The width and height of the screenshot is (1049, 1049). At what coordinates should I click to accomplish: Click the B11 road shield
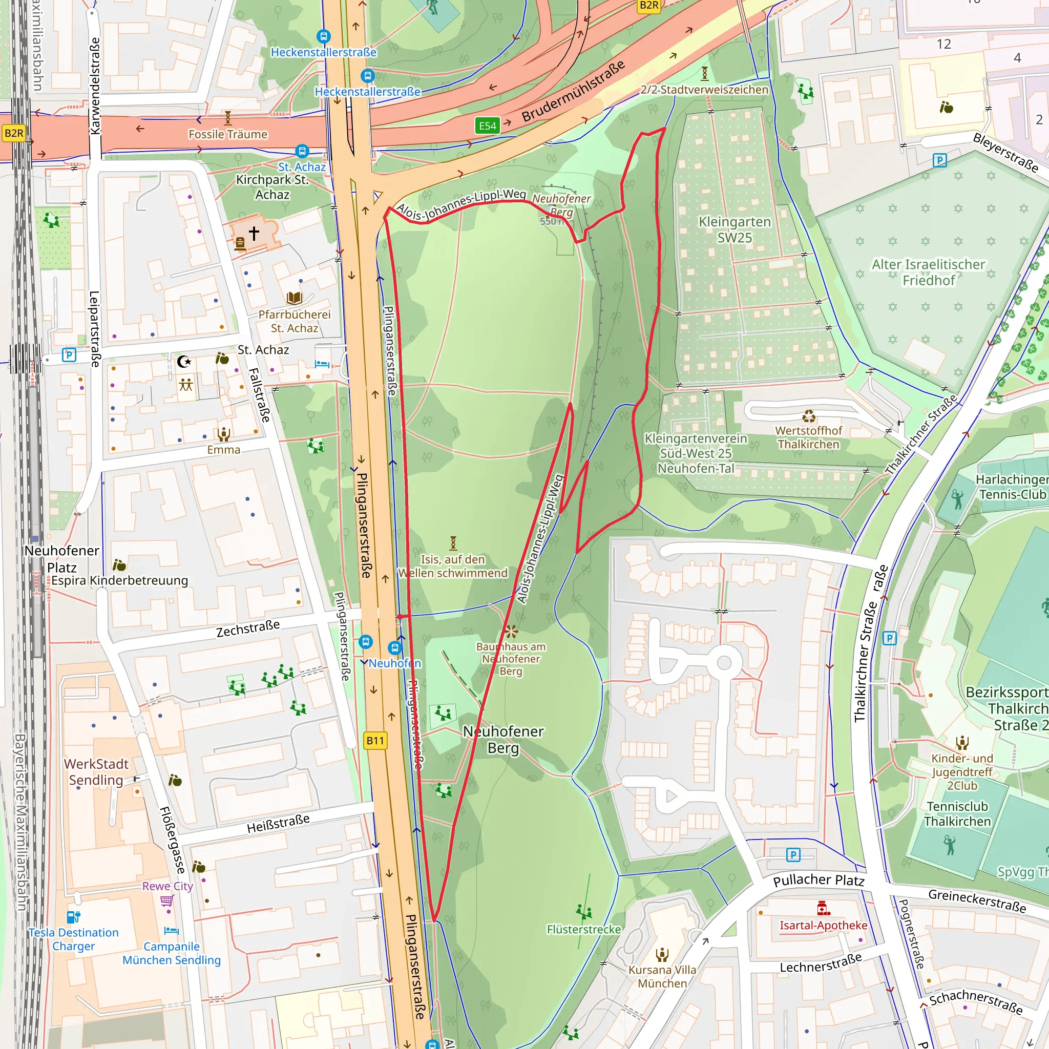374,741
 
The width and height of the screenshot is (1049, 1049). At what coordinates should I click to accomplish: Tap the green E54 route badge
487,126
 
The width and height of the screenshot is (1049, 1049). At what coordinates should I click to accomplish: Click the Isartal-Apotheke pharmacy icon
823,908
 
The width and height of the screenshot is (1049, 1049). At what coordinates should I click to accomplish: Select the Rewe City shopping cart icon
167,901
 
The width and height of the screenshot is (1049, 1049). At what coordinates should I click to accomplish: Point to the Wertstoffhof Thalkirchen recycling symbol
809,416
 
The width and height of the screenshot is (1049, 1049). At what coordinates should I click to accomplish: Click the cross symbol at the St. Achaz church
254,234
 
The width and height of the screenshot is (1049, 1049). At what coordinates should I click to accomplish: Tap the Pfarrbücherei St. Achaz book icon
295,298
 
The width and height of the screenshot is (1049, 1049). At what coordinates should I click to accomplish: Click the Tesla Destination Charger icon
73,917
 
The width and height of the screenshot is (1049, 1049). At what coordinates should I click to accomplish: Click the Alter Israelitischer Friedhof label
929,272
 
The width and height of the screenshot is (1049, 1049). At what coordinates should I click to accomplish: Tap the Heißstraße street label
278,824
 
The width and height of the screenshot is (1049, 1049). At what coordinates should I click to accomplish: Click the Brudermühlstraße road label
573,91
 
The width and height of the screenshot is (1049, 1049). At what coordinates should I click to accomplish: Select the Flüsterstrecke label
584,930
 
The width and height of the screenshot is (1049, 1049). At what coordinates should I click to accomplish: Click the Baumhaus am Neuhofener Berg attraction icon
510,632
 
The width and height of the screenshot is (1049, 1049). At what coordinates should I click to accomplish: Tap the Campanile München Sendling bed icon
171,931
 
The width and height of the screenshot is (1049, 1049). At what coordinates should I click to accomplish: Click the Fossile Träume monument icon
228,118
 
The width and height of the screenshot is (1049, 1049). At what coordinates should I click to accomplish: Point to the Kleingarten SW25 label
734,229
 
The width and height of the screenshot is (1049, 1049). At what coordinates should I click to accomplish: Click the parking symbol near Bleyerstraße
939,160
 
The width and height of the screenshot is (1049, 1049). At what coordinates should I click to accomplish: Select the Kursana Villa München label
662,976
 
